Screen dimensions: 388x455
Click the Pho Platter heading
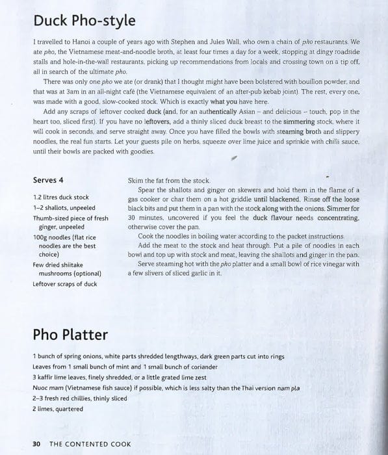(70, 335)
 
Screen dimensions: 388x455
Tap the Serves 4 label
(52, 179)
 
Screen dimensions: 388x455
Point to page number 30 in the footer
(36, 444)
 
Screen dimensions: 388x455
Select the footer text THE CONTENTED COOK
(90, 444)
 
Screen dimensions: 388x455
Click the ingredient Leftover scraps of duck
(65, 283)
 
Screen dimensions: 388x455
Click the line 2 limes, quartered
(58, 409)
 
